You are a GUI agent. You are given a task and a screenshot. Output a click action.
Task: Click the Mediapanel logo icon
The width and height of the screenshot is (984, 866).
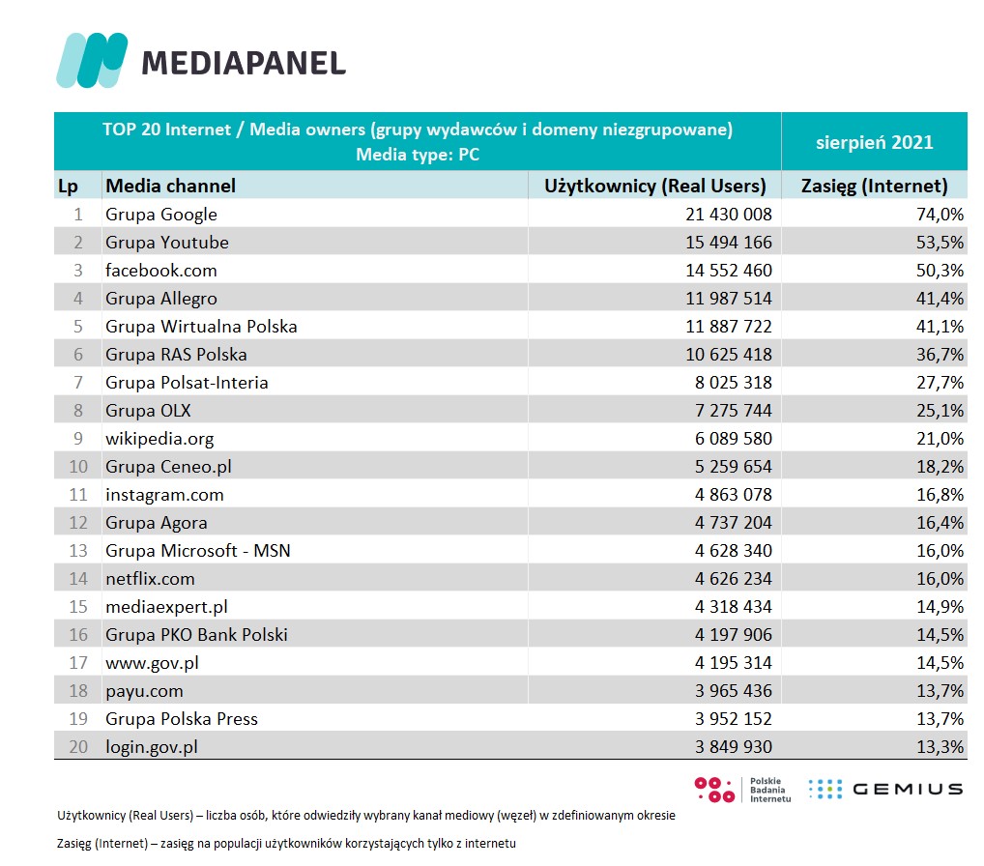point(92,60)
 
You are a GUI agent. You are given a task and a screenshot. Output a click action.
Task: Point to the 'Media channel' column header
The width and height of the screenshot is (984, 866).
point(170,186)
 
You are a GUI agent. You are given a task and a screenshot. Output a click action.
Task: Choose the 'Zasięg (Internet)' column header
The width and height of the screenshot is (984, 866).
point(875,186)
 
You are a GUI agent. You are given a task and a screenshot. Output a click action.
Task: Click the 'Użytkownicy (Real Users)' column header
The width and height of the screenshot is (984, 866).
point(655,186)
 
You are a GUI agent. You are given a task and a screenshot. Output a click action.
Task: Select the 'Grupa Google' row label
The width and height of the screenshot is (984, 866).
point(161,215)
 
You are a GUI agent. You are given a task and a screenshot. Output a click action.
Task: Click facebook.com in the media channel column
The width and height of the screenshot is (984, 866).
point(161,271)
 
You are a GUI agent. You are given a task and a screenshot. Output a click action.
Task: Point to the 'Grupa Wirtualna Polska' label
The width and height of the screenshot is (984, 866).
point(201,327)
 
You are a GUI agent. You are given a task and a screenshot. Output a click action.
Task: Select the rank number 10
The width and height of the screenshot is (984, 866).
point(77,467)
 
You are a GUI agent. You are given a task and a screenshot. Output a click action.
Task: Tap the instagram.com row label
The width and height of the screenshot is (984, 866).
point(164,495)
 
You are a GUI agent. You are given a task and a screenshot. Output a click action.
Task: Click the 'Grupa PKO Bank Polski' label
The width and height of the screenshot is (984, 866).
point(196,635)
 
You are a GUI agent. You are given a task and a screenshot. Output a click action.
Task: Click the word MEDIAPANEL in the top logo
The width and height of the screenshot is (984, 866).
point(244,63)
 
